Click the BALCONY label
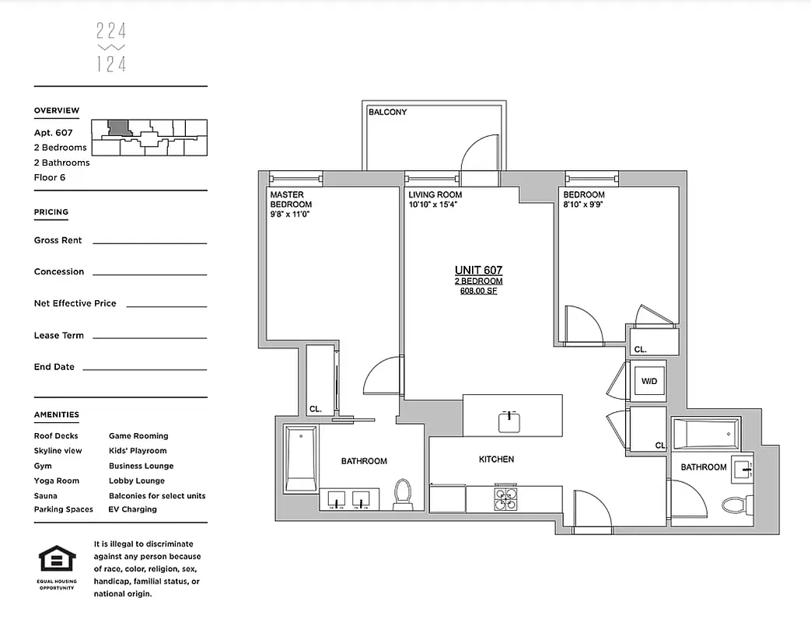coord(387,112)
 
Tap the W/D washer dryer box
coord(648,382)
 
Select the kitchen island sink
coord(510,421)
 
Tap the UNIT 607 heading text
coord(478,270)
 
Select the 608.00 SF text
coord(478,291)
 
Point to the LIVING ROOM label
coord(435,194)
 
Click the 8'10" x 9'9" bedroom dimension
coord(584,205)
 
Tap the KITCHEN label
coord(496,460)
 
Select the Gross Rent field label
coord(58,240)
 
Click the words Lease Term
coord(58,335)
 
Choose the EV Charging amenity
coord(133,509)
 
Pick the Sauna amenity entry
coord(45,495)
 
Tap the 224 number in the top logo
coord(111,31)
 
